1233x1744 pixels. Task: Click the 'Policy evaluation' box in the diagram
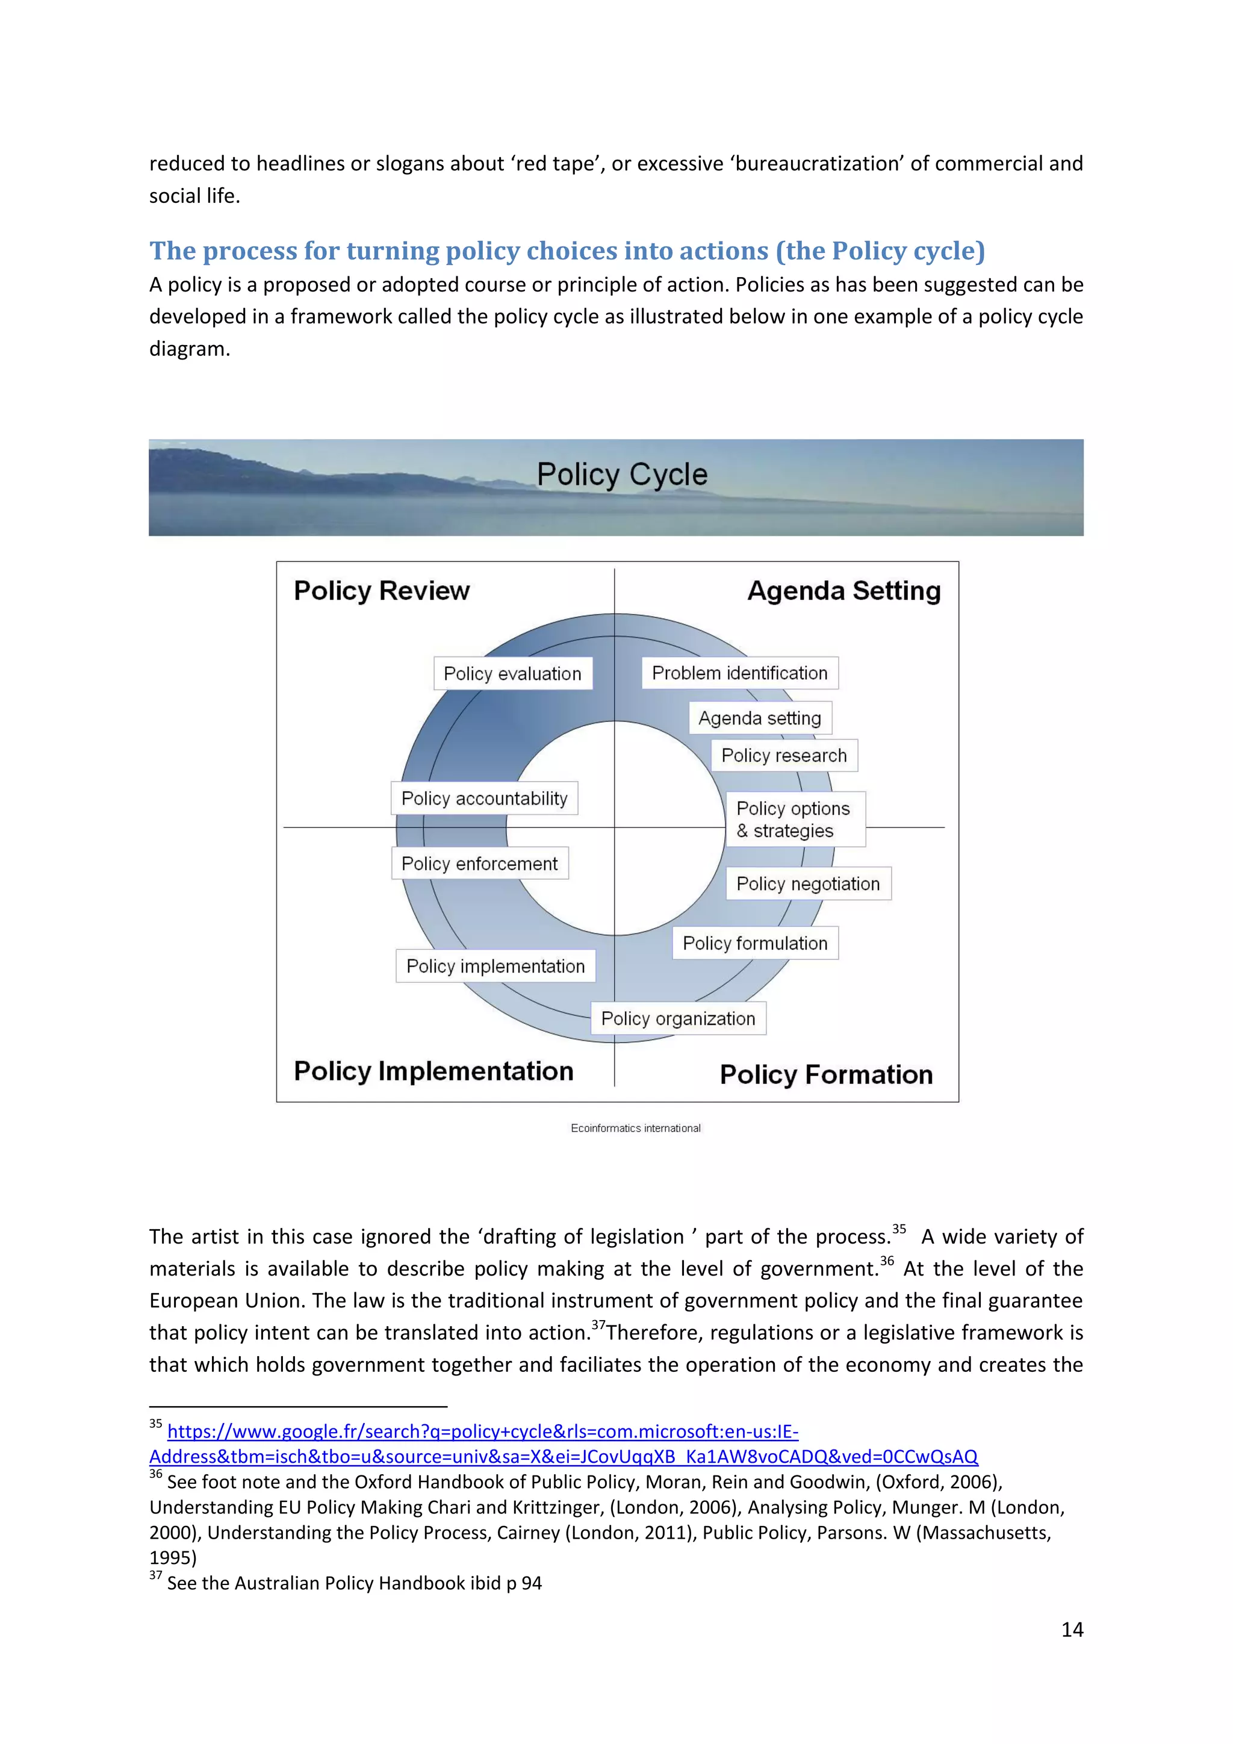coord(512,674)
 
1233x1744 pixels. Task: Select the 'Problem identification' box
coord(739,673)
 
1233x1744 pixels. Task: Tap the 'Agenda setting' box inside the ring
coord(759,718)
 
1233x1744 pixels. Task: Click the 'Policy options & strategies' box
coord(794,819)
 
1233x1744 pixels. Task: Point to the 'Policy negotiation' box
coord(808,883)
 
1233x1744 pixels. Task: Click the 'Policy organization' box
coord(678,1018)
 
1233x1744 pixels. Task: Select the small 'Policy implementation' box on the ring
coord(495,965)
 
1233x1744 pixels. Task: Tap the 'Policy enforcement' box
coord(479,864)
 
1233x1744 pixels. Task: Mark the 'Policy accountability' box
coord(485,799)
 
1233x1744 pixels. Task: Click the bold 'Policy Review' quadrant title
coord(381,590)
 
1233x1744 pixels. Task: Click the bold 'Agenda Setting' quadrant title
coord(843,590)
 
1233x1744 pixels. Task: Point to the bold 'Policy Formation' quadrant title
coord(826,1074)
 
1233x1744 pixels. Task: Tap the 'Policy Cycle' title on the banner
coord(622,474)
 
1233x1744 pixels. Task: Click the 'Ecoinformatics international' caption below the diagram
coord(636,1128)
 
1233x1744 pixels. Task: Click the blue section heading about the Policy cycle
coord(567,251)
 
